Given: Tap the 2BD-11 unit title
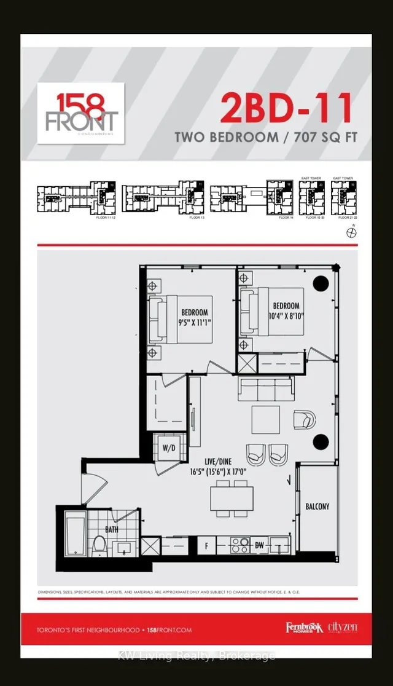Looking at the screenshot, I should tap(287, 108).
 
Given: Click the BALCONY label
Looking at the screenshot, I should tap(317, 507).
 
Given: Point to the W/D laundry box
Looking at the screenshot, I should tap(168, 447).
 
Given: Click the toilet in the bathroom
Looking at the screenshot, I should tap(99, 544).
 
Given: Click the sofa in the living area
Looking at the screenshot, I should tap(266, 389).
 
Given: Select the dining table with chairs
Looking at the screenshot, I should tap(232, 498).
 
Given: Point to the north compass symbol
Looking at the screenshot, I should tap(351, 231).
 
